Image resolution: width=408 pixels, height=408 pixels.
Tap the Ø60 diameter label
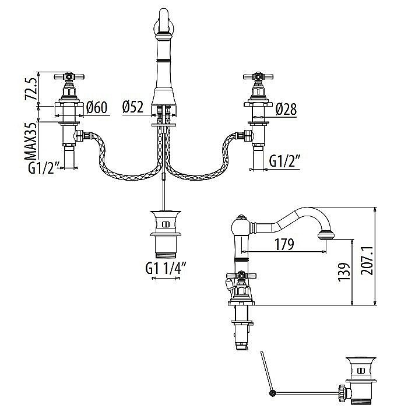pyautogui.click(x=97, y=108)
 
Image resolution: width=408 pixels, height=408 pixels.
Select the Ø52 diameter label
pyautogui.click(x=133, y=107)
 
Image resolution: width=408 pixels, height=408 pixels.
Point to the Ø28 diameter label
pyautogui.click(x=286, y=108)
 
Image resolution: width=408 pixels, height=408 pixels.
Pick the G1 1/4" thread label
pyautogui.click(x=168, y=269)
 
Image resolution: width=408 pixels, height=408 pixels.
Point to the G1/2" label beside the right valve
pyautogui.click(x=284, y=160)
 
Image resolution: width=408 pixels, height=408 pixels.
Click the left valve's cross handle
pyautogui.click(x=68, y=76)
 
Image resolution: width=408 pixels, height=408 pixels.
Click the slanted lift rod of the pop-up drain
pyautogui.click(x=266, y=373)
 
